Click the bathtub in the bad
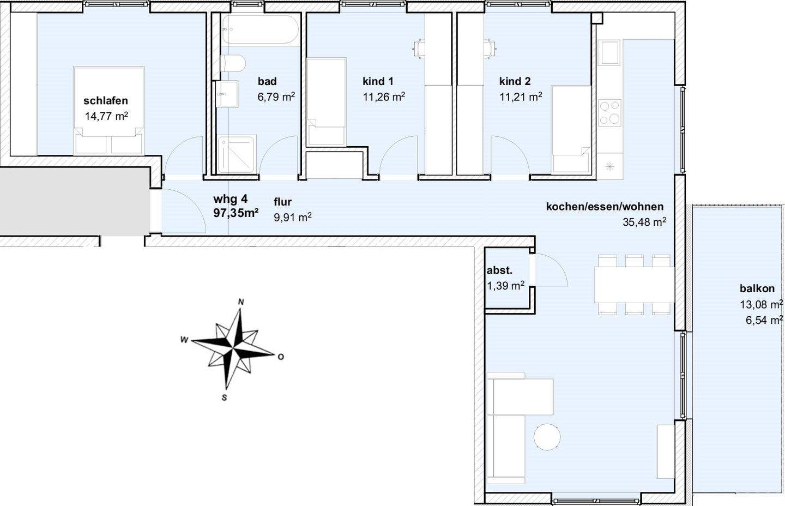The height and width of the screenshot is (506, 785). coord(261,29)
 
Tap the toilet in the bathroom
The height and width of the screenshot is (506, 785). coord(233,63)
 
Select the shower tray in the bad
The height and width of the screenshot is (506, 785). coord(235,154)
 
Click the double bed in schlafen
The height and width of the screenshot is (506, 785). coord(109,111)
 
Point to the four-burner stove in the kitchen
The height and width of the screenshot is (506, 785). coord(610,113)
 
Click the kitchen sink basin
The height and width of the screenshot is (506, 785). coord(610,52)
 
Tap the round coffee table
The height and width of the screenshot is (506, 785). coord(547,437)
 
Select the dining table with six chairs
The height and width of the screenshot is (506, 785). coord(635,285)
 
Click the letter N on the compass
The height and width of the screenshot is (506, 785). coord(241,302)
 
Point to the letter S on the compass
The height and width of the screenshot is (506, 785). coord(224,397)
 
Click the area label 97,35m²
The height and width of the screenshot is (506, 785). coord(236,213)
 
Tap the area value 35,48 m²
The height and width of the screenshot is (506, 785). coord(644,222)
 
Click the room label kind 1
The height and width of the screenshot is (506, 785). coord(378,81)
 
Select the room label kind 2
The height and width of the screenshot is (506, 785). coord(515,81)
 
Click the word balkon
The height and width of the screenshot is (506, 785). coord(757,288)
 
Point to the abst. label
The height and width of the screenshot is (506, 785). coord(499,270)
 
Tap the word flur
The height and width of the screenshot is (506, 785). coord(282,202)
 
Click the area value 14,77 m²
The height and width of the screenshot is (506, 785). coord(106,116)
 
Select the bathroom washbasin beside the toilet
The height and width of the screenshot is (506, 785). coord(227,94)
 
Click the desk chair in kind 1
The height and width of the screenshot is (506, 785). coord(419,49)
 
